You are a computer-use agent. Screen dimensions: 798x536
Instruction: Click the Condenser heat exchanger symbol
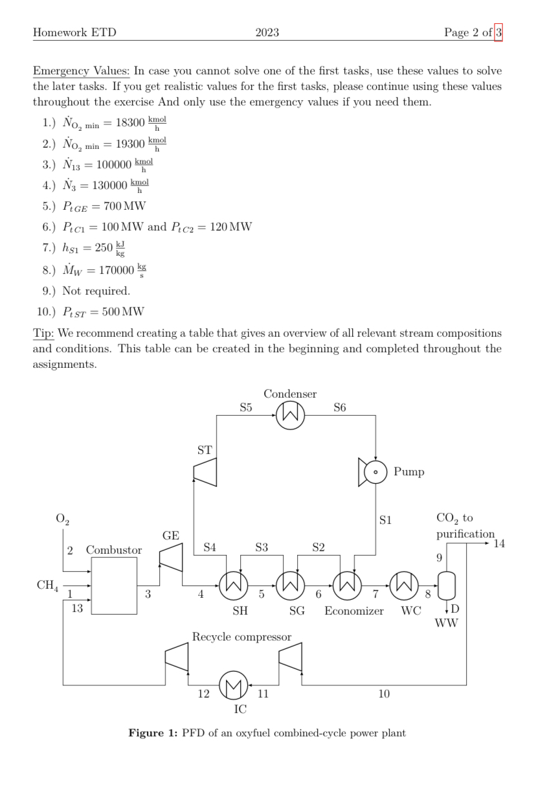coord(290,415)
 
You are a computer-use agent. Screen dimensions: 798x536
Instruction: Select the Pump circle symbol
coord(376,472)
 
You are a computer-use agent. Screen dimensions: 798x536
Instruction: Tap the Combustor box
coord(115,586)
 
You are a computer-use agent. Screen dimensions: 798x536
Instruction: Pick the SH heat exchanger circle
coord(233,587)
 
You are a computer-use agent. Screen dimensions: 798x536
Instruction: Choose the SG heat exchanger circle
coord(290,587)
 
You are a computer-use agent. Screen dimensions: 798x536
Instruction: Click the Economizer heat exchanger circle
coord(347,587)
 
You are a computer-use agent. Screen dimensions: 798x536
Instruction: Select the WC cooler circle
coord(404,587)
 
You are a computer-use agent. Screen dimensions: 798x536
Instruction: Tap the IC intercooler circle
coord(233,685)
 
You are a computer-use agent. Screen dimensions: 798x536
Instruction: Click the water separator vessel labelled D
coord(447,587)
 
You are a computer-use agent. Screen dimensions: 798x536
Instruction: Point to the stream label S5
coord(245,407)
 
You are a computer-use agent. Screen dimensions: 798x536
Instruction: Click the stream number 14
coord(499,543)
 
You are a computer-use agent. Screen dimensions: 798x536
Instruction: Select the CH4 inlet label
coord(47,586)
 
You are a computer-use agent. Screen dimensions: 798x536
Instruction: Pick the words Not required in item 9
coord(96,291)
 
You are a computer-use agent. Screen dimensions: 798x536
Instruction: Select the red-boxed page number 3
coord(498,32)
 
